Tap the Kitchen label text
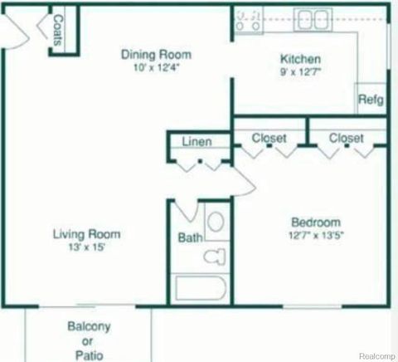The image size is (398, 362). pos(300,60)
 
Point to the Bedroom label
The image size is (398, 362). pos(315,223)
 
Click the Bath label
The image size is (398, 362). pos(189,238)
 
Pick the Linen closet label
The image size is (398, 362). pos(197,142)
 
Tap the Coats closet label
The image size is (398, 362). pos(59,31)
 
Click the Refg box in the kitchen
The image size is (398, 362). pos(370,100)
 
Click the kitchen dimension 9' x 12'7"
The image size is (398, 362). pos(300,73)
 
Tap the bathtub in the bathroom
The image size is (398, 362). pos(201,291)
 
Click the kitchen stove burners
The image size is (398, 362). pos(249,19)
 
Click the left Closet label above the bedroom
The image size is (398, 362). pos(269,138)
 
